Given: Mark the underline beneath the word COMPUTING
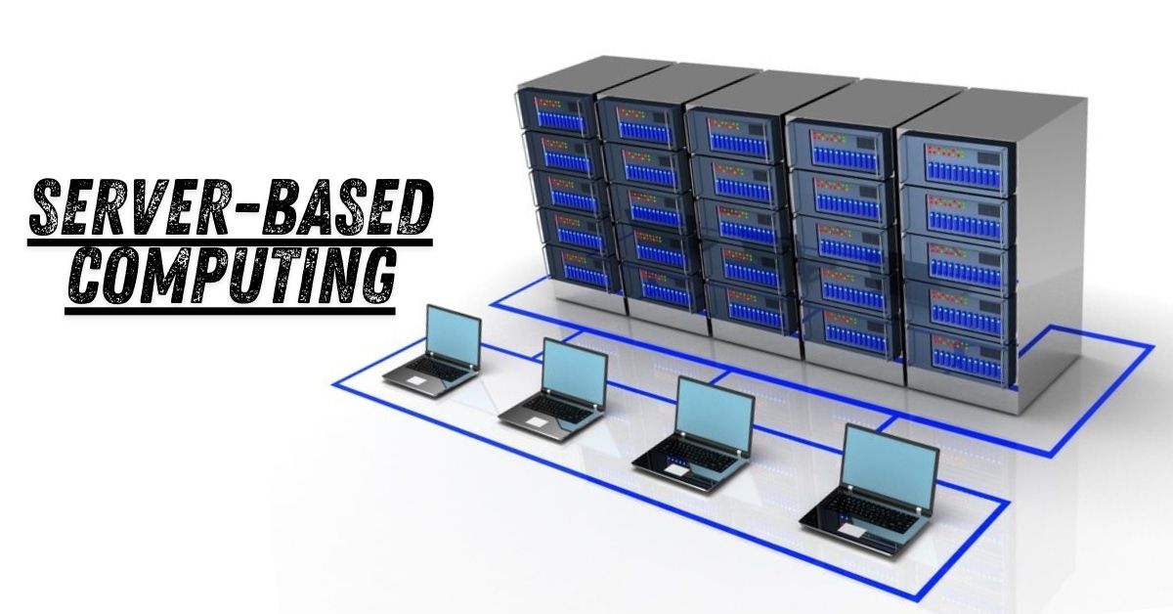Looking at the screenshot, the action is coord(230,311).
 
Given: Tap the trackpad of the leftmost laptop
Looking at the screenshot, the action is coord(416,378).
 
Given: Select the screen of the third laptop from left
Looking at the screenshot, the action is coord(715,412).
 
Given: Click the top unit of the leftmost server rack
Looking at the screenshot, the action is coord(554,111).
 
